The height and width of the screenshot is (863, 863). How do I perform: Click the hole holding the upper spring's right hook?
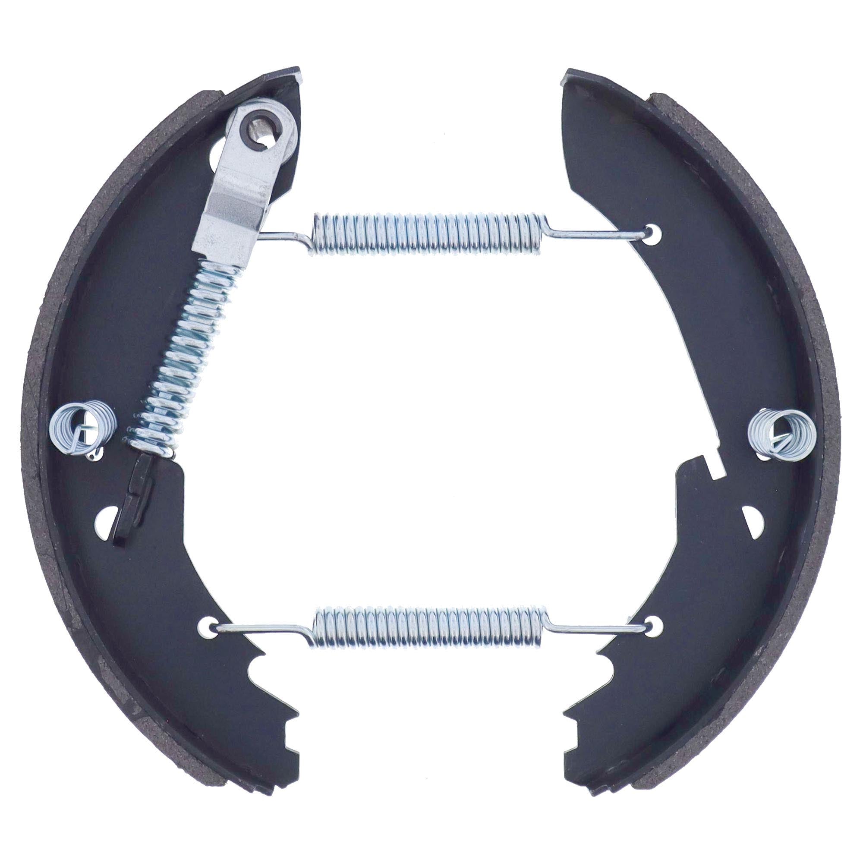point(653,231)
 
